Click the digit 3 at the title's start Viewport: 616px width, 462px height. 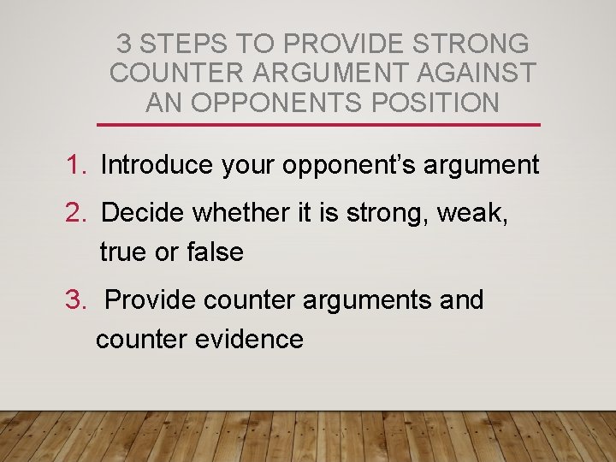click(x=124, y=43)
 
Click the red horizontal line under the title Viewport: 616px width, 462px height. click(x=319, y=125)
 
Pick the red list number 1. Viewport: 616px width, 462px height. click(x=74, y=165)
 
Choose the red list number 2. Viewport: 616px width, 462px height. click(x=74, y=212)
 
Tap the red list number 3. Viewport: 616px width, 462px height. click(x=74, y=300)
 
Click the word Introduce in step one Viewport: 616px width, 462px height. click(x=157, y=165)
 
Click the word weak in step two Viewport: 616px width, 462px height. click(x=472, y=212)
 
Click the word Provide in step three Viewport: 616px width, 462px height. click(x=151, y=300)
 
